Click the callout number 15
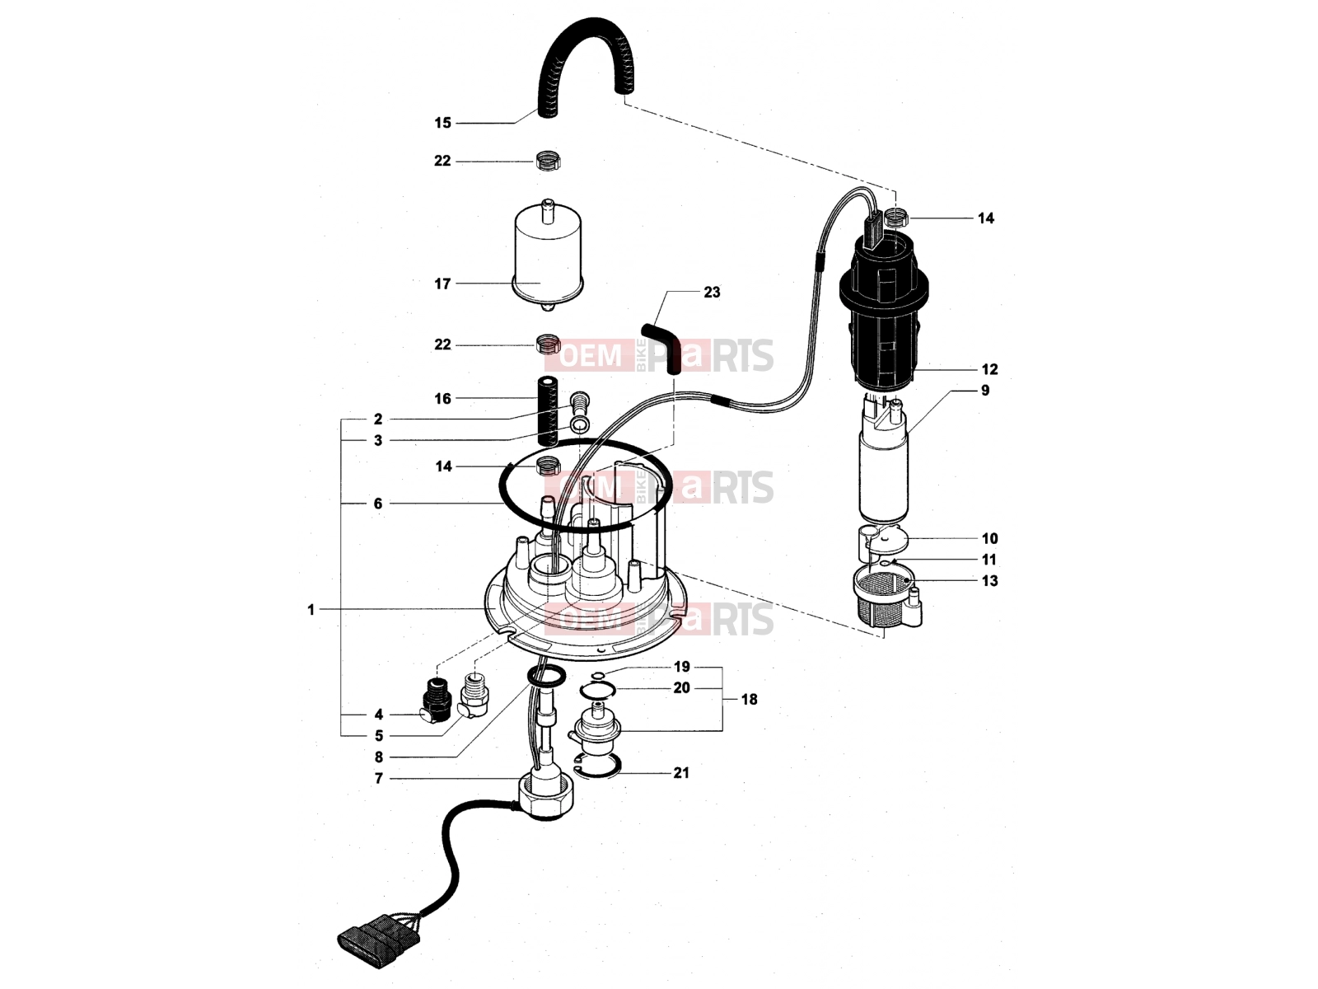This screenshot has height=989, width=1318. pyautogui.click(x=442, y=123)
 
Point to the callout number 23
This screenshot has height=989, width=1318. pyautogui.click(x=712, y=293)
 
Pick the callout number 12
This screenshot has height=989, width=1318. pyautogui.click(x=989, y=369)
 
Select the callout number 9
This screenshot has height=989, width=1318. pyautogui.click(x=984, y=391)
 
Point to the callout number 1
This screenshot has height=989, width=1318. pyautogui.click(x=311, y=610)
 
